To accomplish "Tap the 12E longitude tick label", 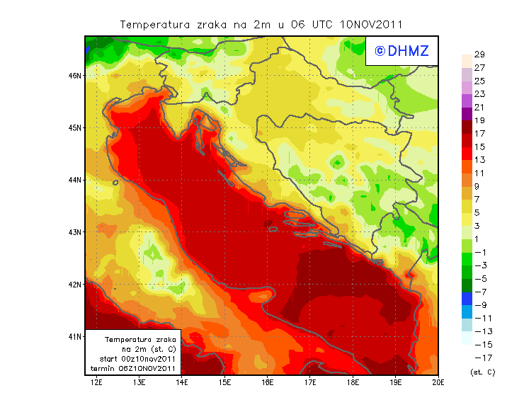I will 97,382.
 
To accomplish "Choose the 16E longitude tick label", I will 268,382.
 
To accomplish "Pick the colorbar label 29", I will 479,55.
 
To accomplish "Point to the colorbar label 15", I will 479,147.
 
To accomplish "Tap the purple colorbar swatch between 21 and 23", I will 466,101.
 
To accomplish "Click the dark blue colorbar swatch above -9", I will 466,299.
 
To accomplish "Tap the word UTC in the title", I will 318,24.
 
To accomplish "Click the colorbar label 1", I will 479,239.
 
